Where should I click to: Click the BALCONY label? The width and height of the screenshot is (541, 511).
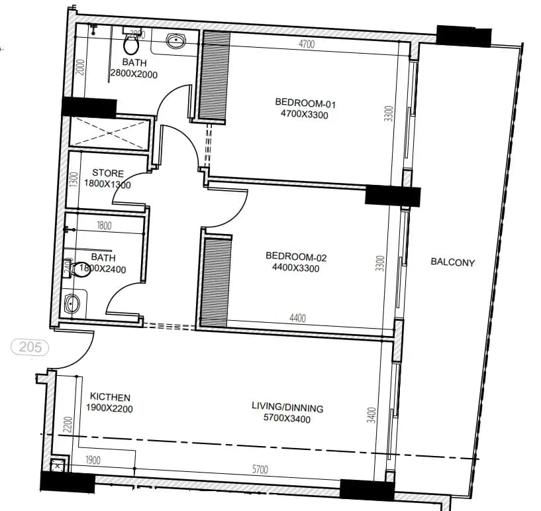pyautogui.click(x=453, y=262)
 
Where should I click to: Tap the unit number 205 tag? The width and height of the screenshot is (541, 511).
pyautogui.click(x=28, y=346)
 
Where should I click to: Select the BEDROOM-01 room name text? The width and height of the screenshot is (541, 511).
pyautogui.click(x=301, y=102)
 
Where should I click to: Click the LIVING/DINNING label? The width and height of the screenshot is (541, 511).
pyautogui.click(x=287, y=408)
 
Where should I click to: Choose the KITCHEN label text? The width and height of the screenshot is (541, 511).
pyautogui.click(x=110, y=397)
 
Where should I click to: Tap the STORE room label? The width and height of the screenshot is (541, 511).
pyautogui.click(x=107, y=173)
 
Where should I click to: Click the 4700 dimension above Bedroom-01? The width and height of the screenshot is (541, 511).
pyautogui.click(x=306, y=44)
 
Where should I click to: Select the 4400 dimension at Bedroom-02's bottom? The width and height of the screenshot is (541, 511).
pyautogui.click(x=297, y=318)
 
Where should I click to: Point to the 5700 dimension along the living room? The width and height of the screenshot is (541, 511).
pyautogui.click(x=260, y=469)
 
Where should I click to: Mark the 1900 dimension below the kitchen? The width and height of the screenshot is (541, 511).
pyautogui.click(x=93, y=460)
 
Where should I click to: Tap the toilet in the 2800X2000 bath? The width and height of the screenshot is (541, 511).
pyautogui.click(x=130, y=44)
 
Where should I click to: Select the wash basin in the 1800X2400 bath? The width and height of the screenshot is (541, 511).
pyautogui.click(x=74, y=304)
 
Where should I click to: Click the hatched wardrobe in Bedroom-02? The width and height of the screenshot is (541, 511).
pyautogui.click(x=215, y=282)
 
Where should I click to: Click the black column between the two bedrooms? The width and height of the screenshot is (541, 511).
pyautogui.click(x=393, y=196)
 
